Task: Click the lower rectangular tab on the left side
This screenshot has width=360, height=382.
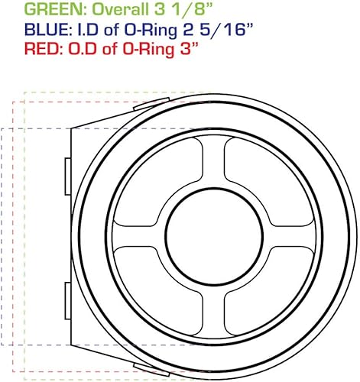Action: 66,293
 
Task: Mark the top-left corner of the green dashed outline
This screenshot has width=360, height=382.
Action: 25,92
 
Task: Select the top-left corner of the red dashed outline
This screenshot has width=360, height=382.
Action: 13,99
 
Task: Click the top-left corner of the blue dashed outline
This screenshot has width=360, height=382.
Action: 2,128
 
